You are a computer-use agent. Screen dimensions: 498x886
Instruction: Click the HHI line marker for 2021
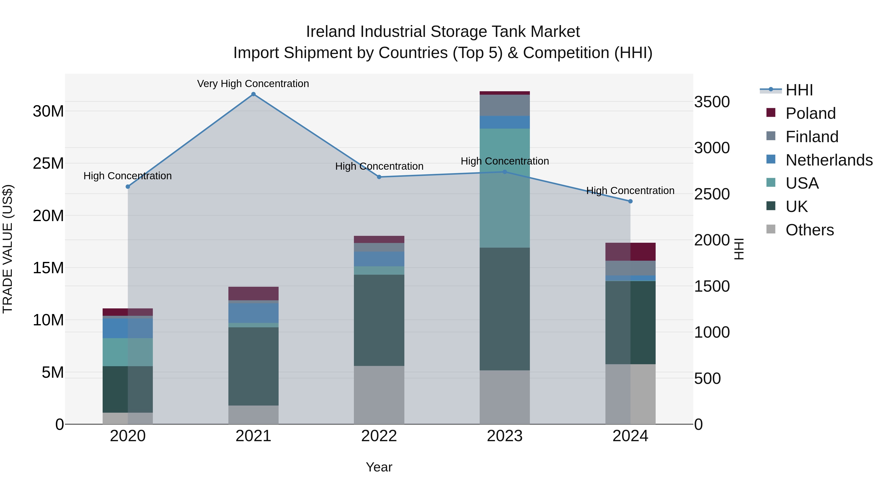tap(253, 94)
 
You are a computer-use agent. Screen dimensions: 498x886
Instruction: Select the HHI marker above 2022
tap(379, 177)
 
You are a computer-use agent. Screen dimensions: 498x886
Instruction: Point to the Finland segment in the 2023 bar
tap(505, 105)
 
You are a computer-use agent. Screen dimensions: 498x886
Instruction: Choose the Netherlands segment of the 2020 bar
tap(127, 328)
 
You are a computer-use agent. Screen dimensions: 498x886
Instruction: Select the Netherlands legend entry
tap(829, 160)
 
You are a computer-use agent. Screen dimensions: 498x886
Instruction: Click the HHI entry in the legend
tap(799, 90)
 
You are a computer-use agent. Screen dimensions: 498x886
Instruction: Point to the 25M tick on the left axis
tap(48, 164)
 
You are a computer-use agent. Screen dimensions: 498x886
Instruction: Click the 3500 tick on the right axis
tap(712, 102)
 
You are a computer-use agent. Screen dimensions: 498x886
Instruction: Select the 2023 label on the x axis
tap(505, 436)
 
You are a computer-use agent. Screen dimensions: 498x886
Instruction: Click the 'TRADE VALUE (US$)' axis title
tap(8, 249)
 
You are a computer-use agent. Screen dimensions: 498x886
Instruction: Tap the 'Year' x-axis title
tap(379, 467)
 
